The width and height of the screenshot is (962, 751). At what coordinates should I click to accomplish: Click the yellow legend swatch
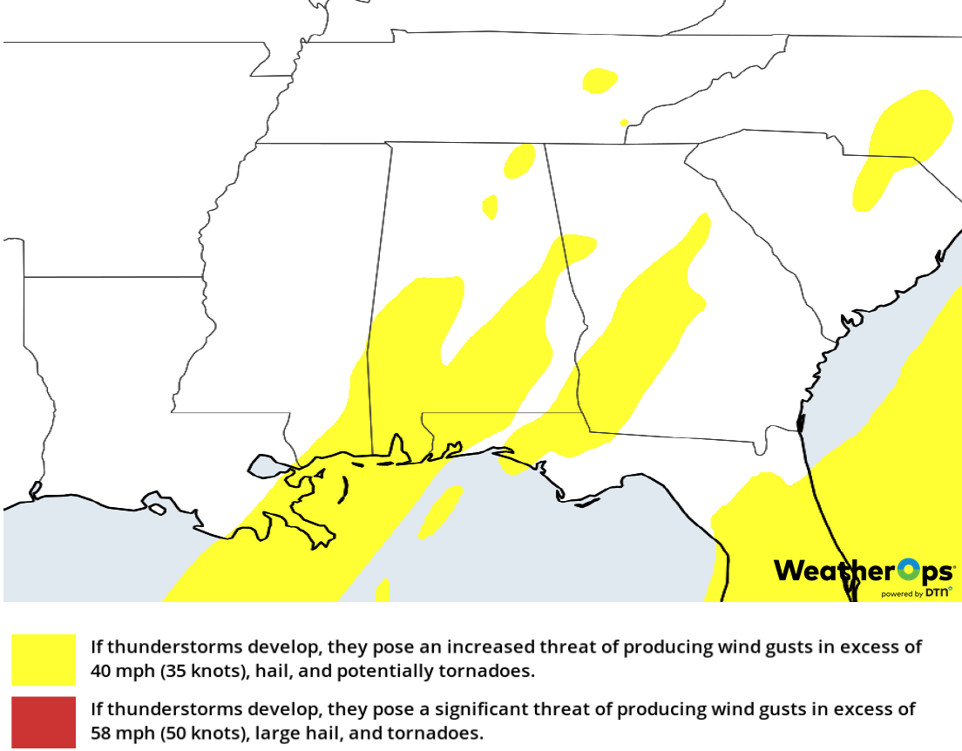tap(44, 660)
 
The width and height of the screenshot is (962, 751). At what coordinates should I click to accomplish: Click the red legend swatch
tap(44, 721)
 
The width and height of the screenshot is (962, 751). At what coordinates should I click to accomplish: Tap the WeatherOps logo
tap(863, 572)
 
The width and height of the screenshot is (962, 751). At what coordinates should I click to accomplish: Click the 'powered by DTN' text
tap(915, 593)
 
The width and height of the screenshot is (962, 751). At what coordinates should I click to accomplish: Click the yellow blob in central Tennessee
tap(600, 80)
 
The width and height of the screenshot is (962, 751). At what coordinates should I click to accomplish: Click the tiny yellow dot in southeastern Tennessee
tap(624, 123)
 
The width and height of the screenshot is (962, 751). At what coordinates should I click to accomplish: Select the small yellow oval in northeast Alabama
tap(520, 160)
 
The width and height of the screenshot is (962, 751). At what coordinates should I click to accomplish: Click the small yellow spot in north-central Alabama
tap(490, 206)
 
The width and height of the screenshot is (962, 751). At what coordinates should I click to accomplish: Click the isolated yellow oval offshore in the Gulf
tap(441, 511)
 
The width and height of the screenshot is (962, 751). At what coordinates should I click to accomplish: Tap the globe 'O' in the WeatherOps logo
tap(909, 571)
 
